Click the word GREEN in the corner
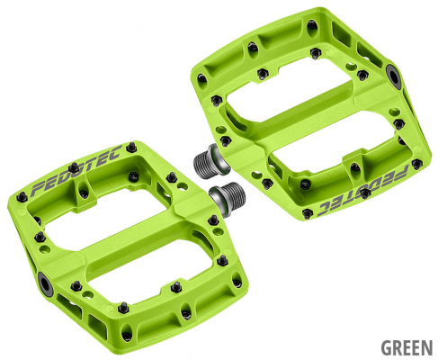pos(407,347)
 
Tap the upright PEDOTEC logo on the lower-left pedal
pos(76,170)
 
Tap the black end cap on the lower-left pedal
pos(46,283)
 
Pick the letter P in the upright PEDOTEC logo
pos(39,189)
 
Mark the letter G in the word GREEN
pos(387,347)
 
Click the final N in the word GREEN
pos(427,347)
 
